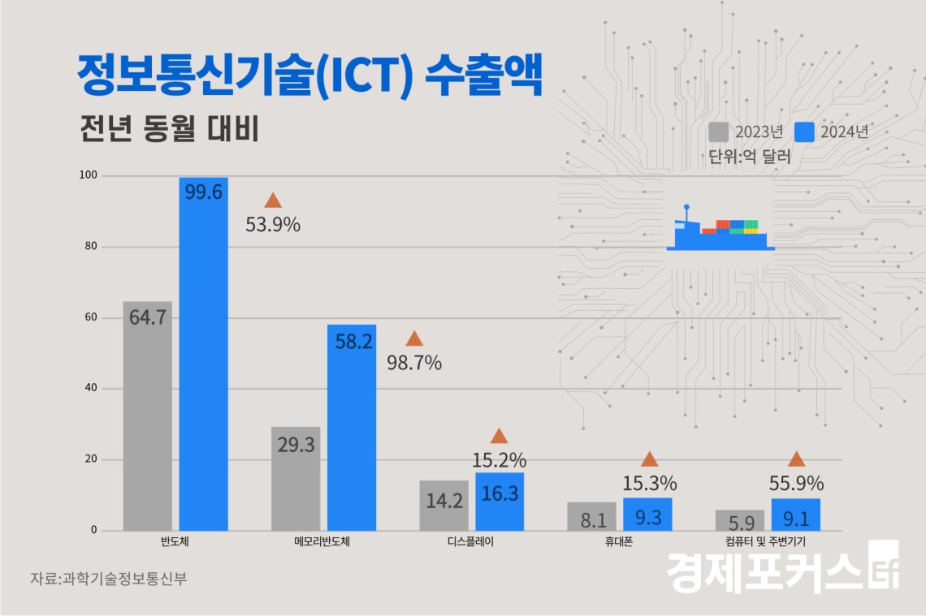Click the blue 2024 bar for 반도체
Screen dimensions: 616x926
coord(203,354)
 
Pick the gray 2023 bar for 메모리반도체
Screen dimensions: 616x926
coord(296,478)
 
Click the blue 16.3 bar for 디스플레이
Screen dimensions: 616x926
coord(500,502)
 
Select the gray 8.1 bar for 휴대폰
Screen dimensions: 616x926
coord(591,516)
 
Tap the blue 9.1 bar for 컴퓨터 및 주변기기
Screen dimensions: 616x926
coord(795,515)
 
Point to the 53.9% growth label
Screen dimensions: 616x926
coord(273,225)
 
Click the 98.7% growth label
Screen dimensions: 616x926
coord(414,363)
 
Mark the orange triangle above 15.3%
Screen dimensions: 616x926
coord(649,459)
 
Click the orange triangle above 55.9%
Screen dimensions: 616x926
coord(796,459)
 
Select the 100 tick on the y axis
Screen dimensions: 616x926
coord(88,175)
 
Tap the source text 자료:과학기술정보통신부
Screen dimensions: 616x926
coord(102,579)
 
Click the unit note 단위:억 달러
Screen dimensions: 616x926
coord(749,157)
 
